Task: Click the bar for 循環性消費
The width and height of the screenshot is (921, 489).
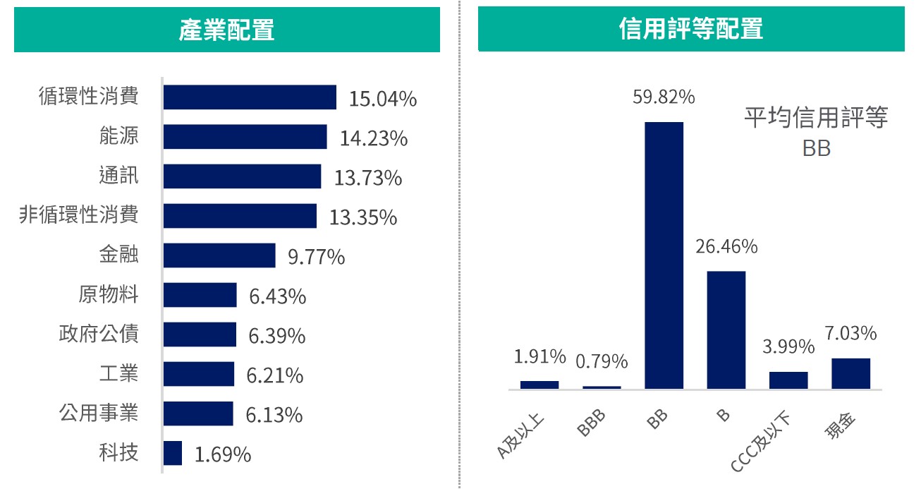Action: (x=250, y=97)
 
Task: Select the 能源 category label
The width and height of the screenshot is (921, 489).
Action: (x=118, y=135)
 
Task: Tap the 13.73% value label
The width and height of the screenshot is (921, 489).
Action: (x=367, y=178)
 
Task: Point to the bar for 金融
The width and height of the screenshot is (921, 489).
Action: (x=219, y=255)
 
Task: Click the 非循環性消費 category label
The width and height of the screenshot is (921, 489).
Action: (x=79, y=215)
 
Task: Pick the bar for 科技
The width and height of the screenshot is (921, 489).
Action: (x=173, y=453)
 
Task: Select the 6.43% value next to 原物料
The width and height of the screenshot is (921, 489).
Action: (x=277, y=296)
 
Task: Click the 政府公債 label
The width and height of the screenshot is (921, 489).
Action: (x=99, y=333)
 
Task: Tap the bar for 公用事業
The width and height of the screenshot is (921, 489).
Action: (x=198, y=413)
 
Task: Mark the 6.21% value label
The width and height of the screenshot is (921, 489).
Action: (x=274, y=376)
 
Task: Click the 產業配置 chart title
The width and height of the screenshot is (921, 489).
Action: (x=226, y=30)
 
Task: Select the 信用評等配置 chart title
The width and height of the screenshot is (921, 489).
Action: (x=690, y=30)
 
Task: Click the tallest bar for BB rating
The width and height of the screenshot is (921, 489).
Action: (x=664, y=255)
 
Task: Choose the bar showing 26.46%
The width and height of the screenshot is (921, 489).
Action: (x=726, y=330)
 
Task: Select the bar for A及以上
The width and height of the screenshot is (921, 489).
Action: (x=539, y=385)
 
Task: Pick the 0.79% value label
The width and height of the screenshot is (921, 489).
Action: (x=602, y=362)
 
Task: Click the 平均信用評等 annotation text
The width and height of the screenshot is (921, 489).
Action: (x=816, y=119)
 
